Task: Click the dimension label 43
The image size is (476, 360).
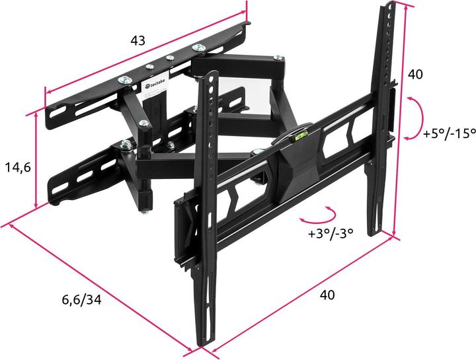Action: [x=138, y=41]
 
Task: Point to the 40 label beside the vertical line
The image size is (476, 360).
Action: [x=415, y=75]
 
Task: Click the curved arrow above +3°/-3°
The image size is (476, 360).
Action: [x=319, y=215]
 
